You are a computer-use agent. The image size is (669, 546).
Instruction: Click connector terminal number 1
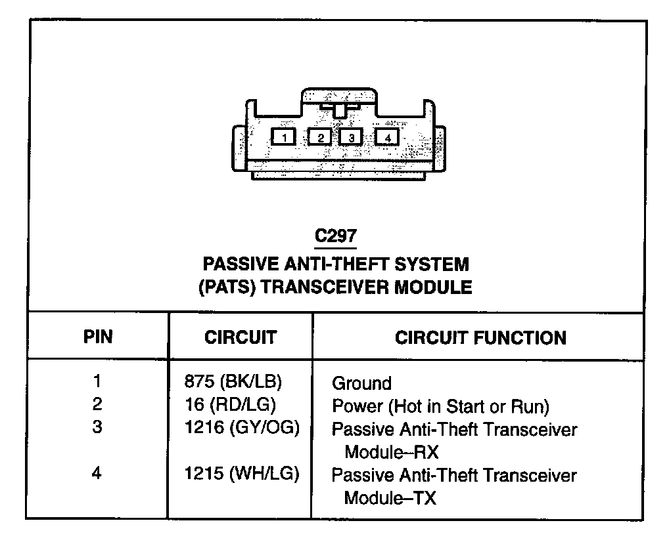tap(284, 137)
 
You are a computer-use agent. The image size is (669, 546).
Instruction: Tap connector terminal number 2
tap(320, 137)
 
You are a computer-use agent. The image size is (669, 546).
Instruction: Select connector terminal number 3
tap(352, 137)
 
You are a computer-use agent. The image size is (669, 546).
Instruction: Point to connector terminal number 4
tap(388, 137)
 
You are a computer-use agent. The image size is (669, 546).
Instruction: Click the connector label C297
tap(336, 236)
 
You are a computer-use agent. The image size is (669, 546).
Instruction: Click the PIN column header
tap(98, 337)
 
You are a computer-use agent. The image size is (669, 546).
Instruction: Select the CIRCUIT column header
tap(241, 337)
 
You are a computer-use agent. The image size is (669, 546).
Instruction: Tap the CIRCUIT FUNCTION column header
tap(480, 337)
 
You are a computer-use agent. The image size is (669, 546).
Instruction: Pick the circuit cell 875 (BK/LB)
tap(238, 382)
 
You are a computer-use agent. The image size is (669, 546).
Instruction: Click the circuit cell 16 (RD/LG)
tap(231, 405)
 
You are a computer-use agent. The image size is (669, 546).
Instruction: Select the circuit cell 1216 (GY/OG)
tap(242, 429)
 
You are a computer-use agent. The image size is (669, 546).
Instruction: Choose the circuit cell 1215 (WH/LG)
tap(242, 474)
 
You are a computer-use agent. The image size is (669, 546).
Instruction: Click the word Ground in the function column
tap(361, 383)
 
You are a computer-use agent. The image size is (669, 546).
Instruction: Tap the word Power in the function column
tap(358, 406)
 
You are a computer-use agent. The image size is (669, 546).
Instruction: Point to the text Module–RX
tap(391, 452)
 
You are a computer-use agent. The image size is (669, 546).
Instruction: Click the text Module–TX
tap(390, 497)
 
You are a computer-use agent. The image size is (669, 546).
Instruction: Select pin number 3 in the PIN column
tap(97, 428)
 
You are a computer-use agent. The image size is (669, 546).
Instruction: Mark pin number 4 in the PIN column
tap(97, 474)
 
